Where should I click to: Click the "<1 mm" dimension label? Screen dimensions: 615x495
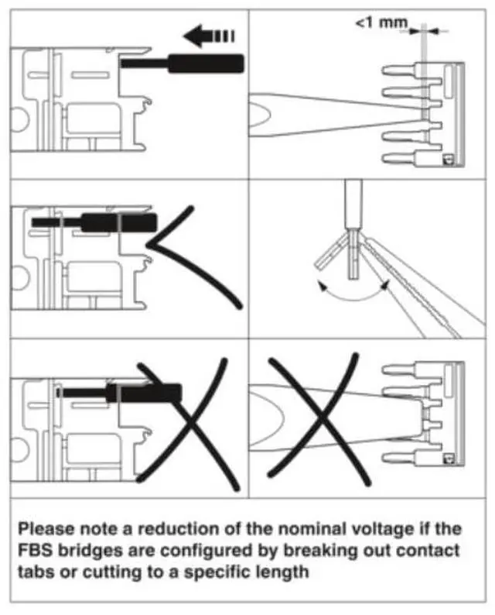[381, 23]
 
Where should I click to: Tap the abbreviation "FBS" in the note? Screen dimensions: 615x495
[34, 551]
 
